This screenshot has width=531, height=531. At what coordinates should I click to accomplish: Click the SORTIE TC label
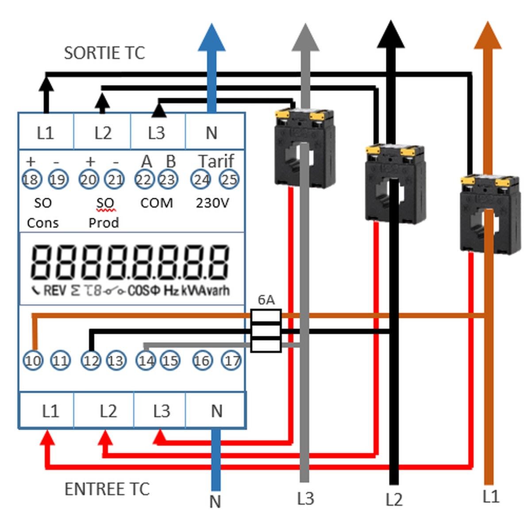pyautogui.click(x=104, y=53)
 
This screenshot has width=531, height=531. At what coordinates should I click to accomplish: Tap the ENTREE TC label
pyautogui.click(x=107, y=489)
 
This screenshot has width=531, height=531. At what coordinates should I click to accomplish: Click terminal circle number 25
pyautogui.click(x=229, y=180)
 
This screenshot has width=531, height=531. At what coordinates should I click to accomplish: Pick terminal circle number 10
pyautogui.click(x=33, y=361)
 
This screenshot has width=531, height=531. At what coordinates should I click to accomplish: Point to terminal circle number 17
pyautogui.click(x=232, y=361)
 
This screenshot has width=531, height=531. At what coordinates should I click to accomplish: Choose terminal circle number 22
pyautogui.click(x=144, y=180)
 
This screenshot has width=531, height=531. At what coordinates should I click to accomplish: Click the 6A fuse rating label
pyautogui.click(x=266, y=300)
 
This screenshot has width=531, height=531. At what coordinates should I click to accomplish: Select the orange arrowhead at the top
pyautogui.click(x=488, y=35)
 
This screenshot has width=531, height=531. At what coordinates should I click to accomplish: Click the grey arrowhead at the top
pyautogui.click(x=305, y=38)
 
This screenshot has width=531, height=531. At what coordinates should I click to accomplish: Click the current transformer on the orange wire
pyautogui.click(x=489, y=215)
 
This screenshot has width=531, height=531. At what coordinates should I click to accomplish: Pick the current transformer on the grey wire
pyautogui.click(x=304, y=148)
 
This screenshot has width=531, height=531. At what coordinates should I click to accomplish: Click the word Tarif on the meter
pyautogui.click(x=215, y=162)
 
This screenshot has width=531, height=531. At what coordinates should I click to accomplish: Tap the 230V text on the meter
pyautogui.click(x=212, y=203)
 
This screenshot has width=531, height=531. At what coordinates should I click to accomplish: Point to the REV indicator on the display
pyautogui.click(x=55, y=291)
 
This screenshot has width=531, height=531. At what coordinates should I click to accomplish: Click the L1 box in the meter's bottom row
pyautogui.click(x=50, y=411)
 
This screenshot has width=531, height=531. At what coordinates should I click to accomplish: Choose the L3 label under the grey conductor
pyautogui.click(x=305, y=499)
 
